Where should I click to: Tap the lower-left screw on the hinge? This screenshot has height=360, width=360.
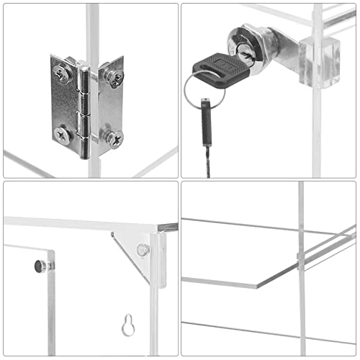(63, 132)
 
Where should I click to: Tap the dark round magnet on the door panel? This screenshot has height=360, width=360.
(39, 267)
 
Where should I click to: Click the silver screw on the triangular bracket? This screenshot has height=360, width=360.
(143, 250)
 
